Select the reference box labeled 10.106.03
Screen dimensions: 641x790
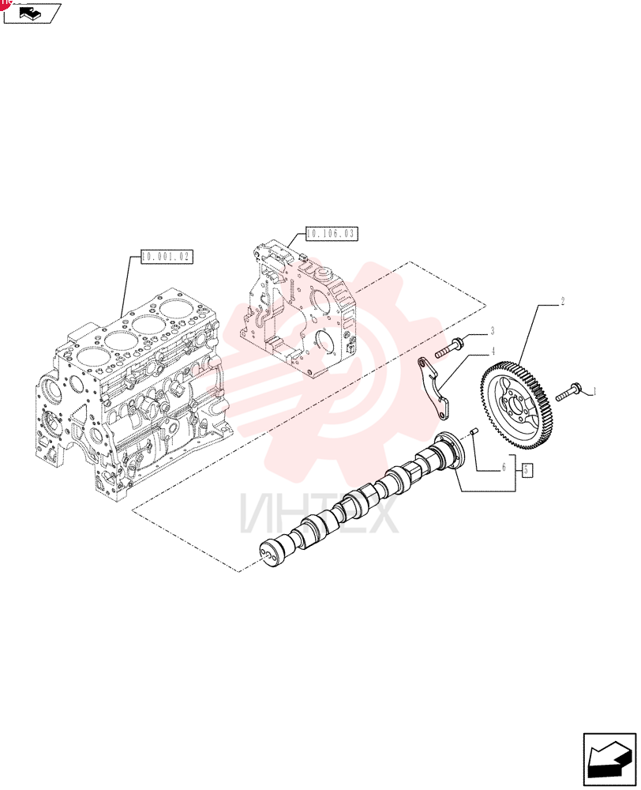tap(332, 233)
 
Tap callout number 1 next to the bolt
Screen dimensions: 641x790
tap(594, 391)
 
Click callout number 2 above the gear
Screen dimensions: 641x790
tap(562, 301)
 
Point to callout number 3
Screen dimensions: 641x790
tap(492, 331)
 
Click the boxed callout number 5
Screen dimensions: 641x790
tap(527, 471)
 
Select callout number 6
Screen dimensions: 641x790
tap(504, 468)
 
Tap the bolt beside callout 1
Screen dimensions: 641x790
tap(569, 392)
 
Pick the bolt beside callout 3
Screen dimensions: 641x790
tap(449, 348)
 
